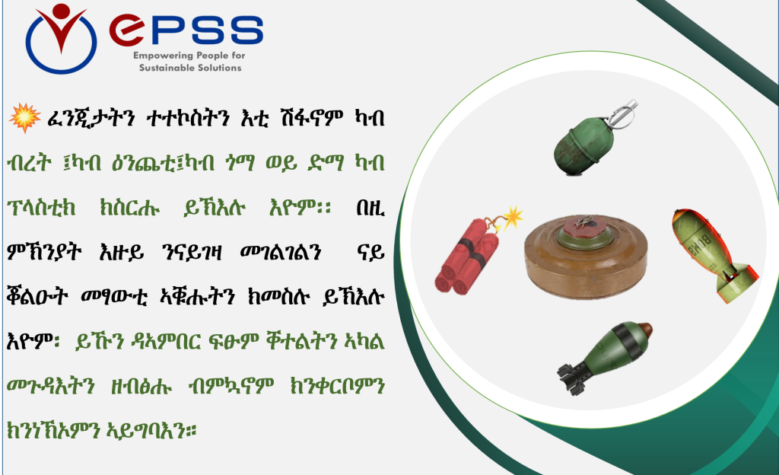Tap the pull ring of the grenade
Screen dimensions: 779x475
pos(624,113)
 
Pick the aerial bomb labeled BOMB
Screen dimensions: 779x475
pos(713,255)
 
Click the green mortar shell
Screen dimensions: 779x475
pos(604,357)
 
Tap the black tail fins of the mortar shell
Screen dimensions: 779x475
pos(571,378)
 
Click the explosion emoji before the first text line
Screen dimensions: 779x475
pos(25,118)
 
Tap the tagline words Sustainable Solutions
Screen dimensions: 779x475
pos(190,68)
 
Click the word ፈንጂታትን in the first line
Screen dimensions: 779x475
pos(91,118)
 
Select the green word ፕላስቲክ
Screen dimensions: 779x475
pos(41,208)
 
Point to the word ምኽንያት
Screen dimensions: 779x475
pos(44,253)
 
